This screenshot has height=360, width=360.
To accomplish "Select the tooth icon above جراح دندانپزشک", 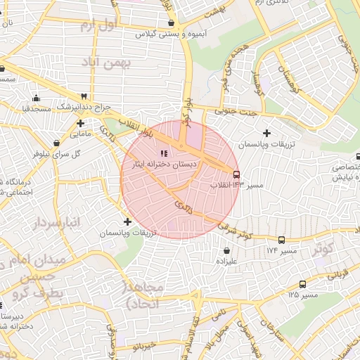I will (x=84, y=96).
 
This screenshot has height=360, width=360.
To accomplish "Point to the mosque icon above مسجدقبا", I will (x=36, y=98).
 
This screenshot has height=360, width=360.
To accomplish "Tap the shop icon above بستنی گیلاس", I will (x=171, y=22).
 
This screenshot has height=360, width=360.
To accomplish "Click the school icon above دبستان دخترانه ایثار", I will (x=165, y=153).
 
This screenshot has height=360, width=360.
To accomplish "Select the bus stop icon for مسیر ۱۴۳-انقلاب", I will (x=236, y=174).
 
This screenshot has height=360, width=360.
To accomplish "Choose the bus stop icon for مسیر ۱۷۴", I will (x=281, y=240).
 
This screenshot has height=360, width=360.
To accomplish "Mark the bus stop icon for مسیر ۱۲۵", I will (x=302, y=285).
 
